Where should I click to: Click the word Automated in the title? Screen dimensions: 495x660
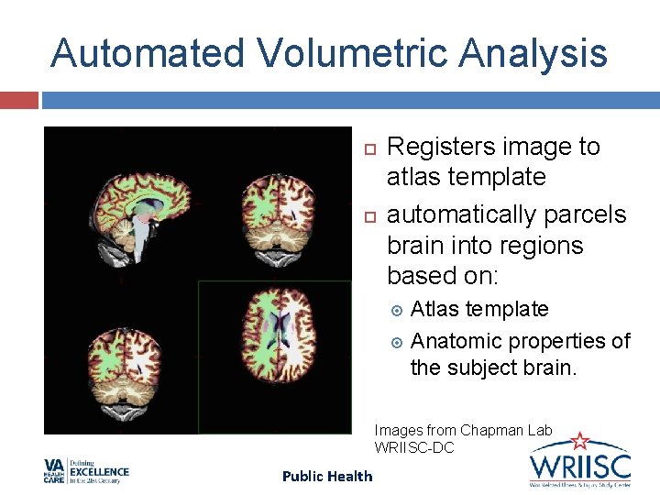(147, 53)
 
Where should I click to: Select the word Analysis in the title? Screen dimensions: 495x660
(534, 53)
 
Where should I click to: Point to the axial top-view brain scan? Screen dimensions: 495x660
(274, 353)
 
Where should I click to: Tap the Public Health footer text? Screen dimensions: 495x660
(327, 476)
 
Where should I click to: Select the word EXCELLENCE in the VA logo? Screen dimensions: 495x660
(102, 472)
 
